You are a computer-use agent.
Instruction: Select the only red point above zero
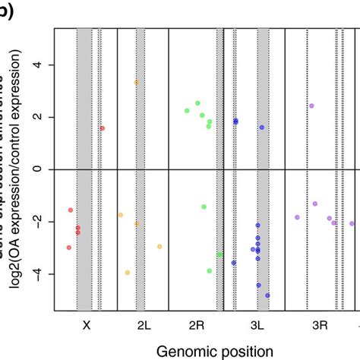[103, 128]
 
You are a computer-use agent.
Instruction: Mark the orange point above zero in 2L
[137, 82]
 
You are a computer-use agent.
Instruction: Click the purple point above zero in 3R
[311, 106]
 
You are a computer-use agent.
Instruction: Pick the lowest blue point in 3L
[267, 295]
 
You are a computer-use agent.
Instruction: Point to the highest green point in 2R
[197, 103]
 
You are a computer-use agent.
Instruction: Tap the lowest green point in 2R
[210, 270]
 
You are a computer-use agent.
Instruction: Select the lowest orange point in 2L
[128, 272]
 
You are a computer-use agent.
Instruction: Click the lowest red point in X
[69, 247]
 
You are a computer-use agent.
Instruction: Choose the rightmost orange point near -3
[159, 246]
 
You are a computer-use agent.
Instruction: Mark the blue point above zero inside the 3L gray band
[262, 128]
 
